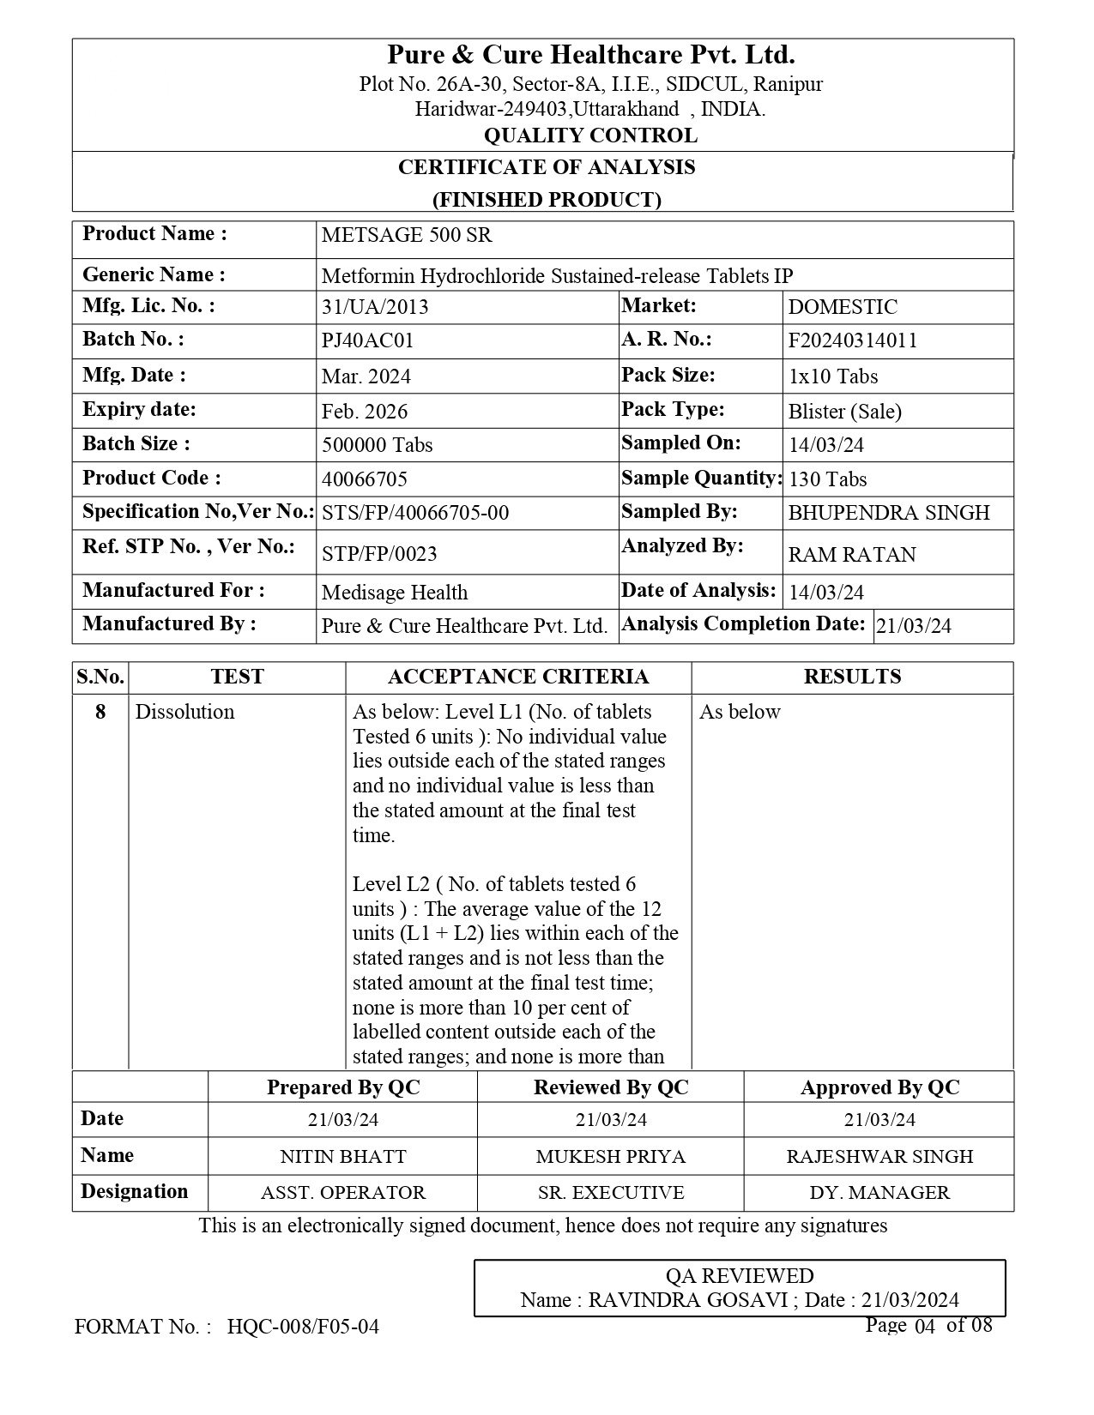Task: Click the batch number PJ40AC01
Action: click(367, 340)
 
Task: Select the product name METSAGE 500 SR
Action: click(407, 235)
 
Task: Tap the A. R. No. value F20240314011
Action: click(852, 340)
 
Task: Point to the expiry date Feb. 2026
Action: click(365, 412)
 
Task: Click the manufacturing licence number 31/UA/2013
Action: click(375, 307)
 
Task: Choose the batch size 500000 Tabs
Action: click(377, 445)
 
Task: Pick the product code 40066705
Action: click(364, 479)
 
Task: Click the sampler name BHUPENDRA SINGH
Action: click(888, 513)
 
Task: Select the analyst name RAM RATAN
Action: click(851, 555)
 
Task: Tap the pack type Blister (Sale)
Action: click(844, 412)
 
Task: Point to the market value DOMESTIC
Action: click(843, 307)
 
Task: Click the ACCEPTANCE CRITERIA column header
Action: click(518, 677)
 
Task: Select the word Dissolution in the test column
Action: click(184, 712)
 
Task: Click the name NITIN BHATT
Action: click(343, 1156)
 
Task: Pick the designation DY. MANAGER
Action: click(879, 1193)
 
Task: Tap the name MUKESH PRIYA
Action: click(610, 1156)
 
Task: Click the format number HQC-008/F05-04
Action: click(303, 1327)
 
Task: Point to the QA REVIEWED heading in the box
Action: click(740, 1276)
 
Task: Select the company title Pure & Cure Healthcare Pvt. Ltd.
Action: click(591, 55)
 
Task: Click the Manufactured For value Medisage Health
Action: click(395, 593)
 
